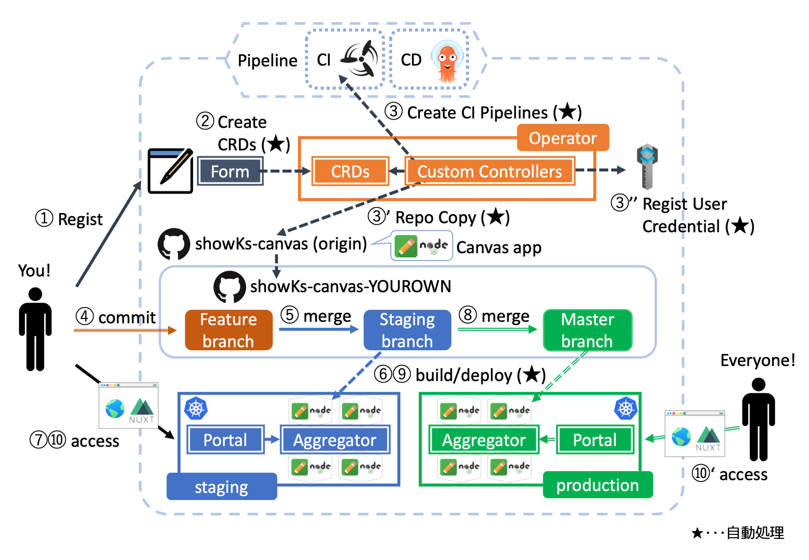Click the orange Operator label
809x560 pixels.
563,138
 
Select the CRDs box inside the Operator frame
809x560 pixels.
350,171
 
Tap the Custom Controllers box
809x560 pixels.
490,171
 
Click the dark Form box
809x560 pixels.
230,171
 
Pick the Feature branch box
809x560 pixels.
228,330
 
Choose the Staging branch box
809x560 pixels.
407,330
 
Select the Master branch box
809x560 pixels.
587,330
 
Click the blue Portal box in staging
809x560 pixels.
225,439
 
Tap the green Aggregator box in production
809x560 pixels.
484,439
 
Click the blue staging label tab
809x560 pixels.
221,487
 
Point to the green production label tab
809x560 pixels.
597,485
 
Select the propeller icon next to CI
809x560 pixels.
360,59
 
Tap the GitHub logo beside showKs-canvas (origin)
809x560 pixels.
174,244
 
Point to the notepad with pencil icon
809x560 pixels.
170,171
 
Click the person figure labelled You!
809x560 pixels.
35,329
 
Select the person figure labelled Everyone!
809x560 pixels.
758,419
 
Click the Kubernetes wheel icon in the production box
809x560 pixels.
625,408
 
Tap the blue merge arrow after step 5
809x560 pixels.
318,329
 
